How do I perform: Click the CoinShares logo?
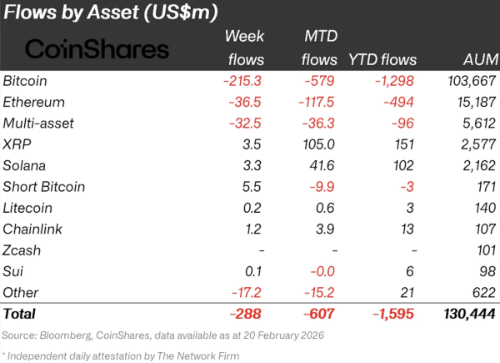point(97,49)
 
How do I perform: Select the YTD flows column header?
point(382,60)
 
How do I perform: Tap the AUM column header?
point(481,60)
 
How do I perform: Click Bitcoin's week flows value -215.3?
point(242,81)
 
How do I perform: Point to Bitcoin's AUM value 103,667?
point(472,81)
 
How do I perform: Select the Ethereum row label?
point(34,102)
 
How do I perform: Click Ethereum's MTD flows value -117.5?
point(317,102)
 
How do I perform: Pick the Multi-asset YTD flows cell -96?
point(402,124)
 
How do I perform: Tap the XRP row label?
point(17,144)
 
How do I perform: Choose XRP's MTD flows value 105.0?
point(318,144)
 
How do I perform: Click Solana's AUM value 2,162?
point(479,165)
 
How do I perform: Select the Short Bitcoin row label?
point(44,187)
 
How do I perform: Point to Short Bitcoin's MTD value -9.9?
point(322,187)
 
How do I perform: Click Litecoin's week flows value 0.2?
point(252,208)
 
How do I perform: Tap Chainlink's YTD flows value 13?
point(407,229)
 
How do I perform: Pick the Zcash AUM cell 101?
point(487,250)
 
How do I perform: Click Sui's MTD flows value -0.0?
point(322,271)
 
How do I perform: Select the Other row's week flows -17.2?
point(247,292)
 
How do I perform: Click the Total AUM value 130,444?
point(470,314)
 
